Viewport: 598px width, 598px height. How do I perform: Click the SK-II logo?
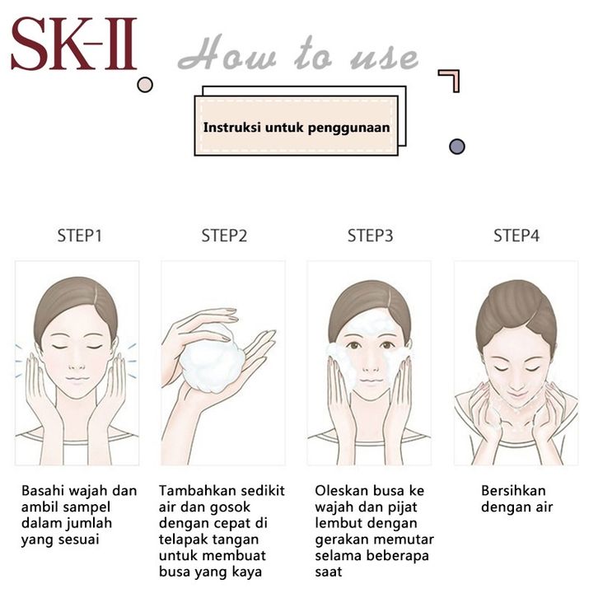tap(74, 44)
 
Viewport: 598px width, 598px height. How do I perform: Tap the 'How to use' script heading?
tap(298, 54)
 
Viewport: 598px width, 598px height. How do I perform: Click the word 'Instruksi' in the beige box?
tap(232, 128)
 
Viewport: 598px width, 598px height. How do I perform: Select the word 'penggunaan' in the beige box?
tap(348, 128)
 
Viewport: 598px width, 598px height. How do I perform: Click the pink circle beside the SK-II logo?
tap(145, 85)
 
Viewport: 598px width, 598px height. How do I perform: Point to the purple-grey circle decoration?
tap(457, 147)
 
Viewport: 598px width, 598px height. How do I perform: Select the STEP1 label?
tap(79, 236)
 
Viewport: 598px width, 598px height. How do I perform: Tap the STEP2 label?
tap(224, 236)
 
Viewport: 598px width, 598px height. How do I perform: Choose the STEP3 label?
tap(370, 236)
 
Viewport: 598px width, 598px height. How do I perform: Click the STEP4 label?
tap(516, 236)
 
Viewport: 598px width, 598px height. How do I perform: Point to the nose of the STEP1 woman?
tap(77, 366)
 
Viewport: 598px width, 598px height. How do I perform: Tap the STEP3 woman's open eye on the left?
tap(354, 345)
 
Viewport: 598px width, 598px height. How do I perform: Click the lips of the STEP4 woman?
tap(516, 394)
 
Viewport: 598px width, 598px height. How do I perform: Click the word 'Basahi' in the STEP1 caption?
tap(42, 490)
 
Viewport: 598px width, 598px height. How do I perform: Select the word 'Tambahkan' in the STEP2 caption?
tap(194, 490)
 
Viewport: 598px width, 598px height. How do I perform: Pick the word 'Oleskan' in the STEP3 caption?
tap(341, 490)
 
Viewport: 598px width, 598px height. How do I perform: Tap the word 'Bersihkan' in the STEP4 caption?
tap(513, 490)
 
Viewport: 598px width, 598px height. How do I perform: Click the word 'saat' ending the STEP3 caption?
tap(329, 572)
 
